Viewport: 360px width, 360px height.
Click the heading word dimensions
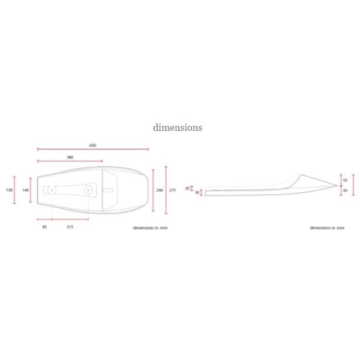click(x=177, y=127)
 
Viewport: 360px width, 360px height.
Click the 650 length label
click(x=92, y=145)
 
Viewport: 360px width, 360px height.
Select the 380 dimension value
click(x=70, y=157)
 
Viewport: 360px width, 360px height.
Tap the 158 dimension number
click(x=9, y=190)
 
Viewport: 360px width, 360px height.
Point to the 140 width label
click(x=25, y=190)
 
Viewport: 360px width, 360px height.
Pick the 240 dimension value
click(x=160, y=190)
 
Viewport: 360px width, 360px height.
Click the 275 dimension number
click(x=172, y=190)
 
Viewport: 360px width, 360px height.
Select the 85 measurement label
click(x=44, y=227)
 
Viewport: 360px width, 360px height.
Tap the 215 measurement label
click(x=70, y=227)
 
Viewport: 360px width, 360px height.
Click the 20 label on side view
click(x=187, y=188)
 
